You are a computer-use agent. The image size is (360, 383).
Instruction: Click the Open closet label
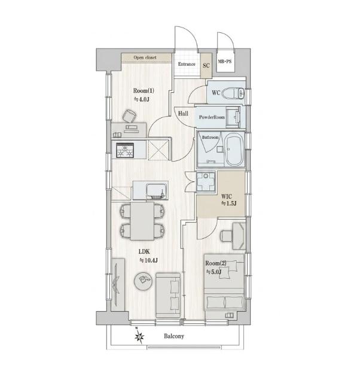(x=145, y=57)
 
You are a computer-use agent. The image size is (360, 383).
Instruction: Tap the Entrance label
(x=187, y=64)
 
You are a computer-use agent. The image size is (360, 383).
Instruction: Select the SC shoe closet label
(x=206, y=65)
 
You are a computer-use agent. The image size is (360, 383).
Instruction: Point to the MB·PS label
(x=224, y=62)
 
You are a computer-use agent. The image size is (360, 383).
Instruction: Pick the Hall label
(x=183, y=113)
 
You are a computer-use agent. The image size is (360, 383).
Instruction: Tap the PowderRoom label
(x=212, y=117)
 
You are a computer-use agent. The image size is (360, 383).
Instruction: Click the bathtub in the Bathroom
(x=234, y=149)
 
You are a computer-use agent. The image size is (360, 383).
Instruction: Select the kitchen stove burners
(x=125, y=150)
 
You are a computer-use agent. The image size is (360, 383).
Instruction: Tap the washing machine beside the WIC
(x=206, y=182)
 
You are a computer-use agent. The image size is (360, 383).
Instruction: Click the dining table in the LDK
(x=142, y=221)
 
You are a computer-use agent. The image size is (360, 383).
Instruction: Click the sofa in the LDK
(x=168, y=295)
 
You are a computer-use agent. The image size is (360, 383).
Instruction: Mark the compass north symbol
(x=139, y=337)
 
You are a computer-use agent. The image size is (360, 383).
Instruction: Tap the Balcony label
(x=174, y=336)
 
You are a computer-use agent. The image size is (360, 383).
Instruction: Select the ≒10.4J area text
(x=148, y=260)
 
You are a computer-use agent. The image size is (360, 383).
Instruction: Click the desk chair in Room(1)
(x=129, y=116)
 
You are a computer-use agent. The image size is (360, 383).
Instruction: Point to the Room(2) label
(x=216, y=263)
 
